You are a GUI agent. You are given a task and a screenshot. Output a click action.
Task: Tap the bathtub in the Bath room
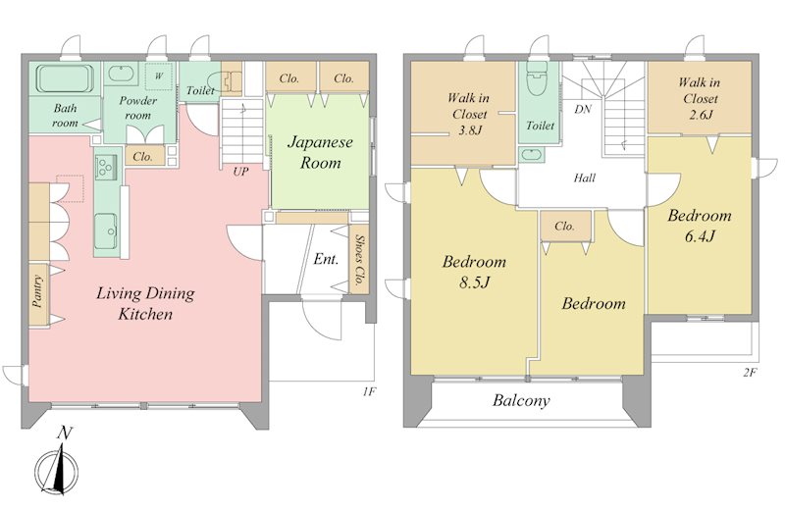pos(65,79)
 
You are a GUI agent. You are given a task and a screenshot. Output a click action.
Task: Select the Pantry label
pos(36,292)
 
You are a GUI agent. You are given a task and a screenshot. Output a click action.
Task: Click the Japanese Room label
pos(321,152)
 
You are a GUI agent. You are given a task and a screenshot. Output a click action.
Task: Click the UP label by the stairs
pos(240,172)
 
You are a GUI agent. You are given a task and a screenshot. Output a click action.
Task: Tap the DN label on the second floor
pos(583,109)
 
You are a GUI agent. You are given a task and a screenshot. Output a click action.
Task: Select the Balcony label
pos(521,400)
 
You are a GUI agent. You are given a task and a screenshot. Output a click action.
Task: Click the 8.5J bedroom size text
pos(474,282)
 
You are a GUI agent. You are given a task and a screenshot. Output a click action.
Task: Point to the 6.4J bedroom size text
pos(700,235)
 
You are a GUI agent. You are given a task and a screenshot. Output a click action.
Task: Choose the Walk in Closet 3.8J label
pos(469,114)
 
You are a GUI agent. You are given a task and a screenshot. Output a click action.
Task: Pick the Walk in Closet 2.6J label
pos(700,98)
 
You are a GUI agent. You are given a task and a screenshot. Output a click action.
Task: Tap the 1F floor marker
pos(369,391)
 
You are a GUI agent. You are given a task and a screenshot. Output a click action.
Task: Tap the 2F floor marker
pos(749,373)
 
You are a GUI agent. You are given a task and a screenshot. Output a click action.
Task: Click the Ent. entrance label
pos(326,259)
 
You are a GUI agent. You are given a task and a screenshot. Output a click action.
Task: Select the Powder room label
pos(137,108)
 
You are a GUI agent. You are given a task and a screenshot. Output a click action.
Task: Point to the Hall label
pos(584,178)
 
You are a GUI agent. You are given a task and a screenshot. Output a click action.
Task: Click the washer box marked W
pos(159,77)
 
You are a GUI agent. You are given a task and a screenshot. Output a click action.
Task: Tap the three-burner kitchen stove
pos(107,167)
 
